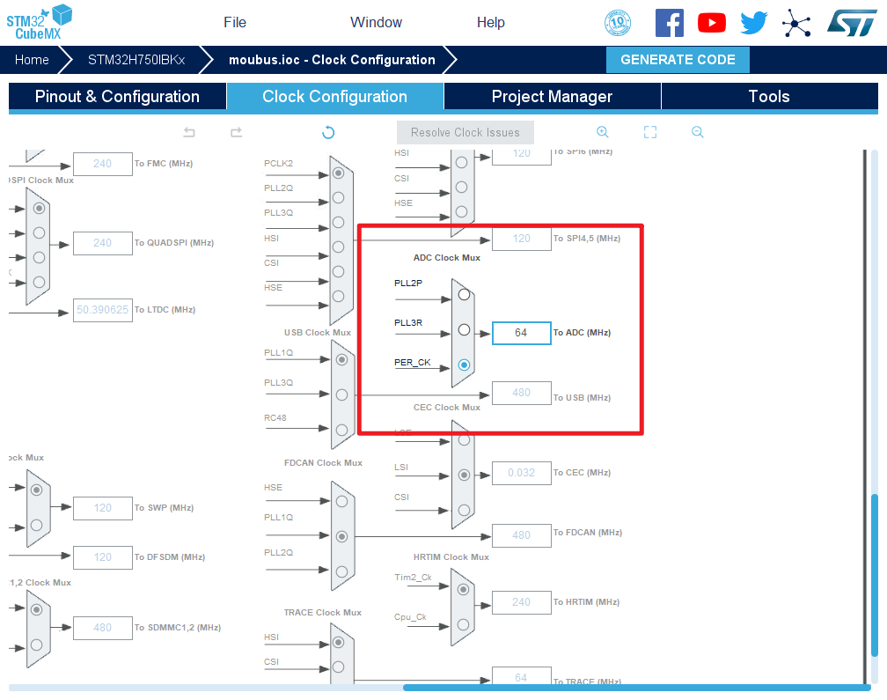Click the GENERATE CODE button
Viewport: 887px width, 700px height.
point(678,60)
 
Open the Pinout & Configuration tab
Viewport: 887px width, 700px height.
point(117,97)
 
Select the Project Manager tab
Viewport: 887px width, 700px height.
point(552,97)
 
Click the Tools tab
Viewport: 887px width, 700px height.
point(769,97)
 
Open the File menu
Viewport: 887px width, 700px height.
point(235,23)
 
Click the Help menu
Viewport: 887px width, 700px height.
point(491,23)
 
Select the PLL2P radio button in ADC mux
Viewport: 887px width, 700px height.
point(464,295)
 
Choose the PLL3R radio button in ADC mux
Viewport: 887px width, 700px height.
point(464,331)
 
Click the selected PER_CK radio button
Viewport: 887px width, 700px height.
point(464,365)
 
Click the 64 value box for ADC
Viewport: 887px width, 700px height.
point(521,333)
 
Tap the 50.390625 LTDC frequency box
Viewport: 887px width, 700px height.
point(103,310)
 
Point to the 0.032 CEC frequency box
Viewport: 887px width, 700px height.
point(521,473)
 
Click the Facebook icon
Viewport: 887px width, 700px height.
point(670,23)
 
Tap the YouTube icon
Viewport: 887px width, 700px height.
point(712,23)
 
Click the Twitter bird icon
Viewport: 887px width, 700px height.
point(754,23)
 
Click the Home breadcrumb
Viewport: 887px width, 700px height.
point(32,60)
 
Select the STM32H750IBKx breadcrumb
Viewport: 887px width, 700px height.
point(136,60)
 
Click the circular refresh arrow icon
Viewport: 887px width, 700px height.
point(328,133)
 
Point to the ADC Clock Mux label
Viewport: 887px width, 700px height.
point(447,258)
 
